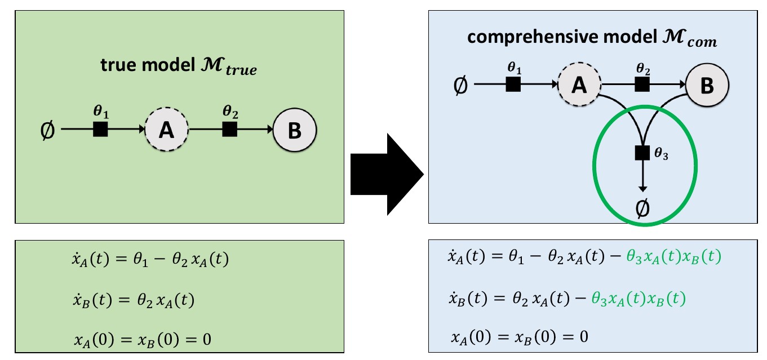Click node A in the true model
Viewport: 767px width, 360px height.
(x=166, y=130)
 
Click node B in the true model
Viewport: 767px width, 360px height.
(x=295, y=130)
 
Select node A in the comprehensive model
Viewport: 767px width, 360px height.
(x=579, y=86)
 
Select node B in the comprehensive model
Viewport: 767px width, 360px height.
(x=707, y=86)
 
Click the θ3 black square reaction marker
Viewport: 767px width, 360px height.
(x=642, y=153)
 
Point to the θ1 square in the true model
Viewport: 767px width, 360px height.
(x=100, y=130)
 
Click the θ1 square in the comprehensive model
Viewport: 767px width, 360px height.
(x=513, y=85)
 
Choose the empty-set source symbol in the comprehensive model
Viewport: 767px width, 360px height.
(x=460, y=86)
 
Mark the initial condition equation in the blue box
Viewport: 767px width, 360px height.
(x=520, y=336)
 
